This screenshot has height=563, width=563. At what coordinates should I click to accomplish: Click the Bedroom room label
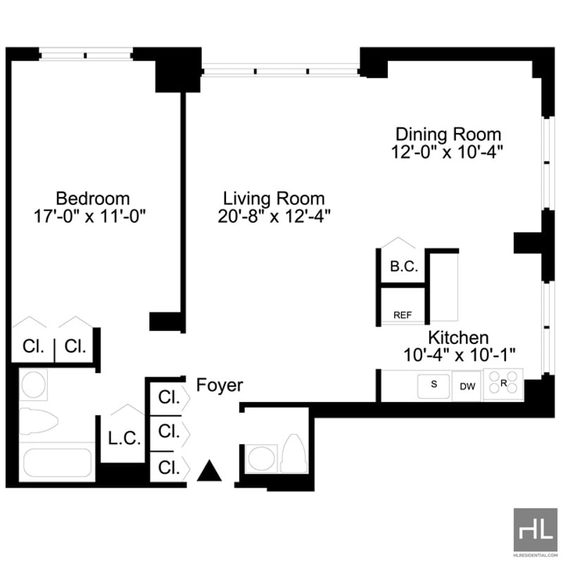(x=93, y=198)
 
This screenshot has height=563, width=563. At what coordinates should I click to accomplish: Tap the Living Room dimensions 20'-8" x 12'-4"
(x=274, y=216)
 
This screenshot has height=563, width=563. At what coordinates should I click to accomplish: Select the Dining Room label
(x=448, y=134)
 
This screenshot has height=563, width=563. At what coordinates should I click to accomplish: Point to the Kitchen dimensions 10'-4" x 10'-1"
(x=460, y=355)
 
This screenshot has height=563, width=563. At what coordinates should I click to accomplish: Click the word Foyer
(x=220, y=385)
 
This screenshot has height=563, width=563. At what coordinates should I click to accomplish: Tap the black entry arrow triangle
(x=209, y=470)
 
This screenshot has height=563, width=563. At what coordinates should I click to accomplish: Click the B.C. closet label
(x=404, y=266)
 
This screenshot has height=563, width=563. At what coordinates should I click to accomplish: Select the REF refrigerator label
(x=403, y=315)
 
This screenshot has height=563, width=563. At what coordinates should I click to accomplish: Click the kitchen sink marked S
(x=434, y=386)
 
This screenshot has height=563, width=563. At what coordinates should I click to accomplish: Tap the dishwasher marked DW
(x=467, y=386)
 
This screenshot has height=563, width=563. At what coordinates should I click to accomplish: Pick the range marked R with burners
(x=503, y=384)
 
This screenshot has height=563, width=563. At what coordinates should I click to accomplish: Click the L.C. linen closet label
(x=125, y=438)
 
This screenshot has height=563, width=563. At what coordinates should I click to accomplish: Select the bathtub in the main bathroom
(x=58, y=462)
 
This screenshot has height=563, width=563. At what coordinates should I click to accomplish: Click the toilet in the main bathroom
(x=39, y=421)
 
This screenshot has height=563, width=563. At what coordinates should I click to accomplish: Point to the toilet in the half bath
(x=294, y=453)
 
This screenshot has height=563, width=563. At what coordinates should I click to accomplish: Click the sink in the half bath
(x=262, y=459)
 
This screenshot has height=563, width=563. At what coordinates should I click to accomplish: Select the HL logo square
(x=535, y=530)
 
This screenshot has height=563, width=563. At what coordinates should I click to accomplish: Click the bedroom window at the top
(x=86, y=56)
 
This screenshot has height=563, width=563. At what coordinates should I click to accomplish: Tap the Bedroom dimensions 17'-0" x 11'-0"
(x=90, y=217)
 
